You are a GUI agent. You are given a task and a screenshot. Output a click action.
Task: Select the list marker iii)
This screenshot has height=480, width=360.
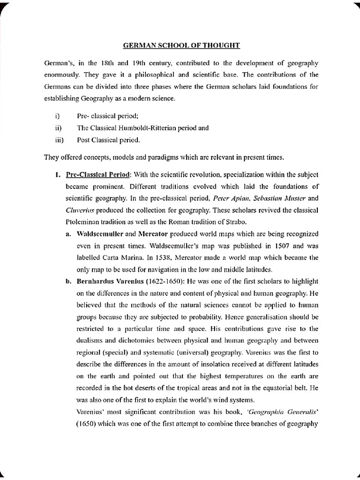click(59, 140)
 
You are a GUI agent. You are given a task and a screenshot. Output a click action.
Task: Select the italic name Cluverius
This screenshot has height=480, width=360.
click(87, 210)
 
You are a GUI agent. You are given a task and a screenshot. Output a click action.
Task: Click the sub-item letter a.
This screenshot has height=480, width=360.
click(68, 233)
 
